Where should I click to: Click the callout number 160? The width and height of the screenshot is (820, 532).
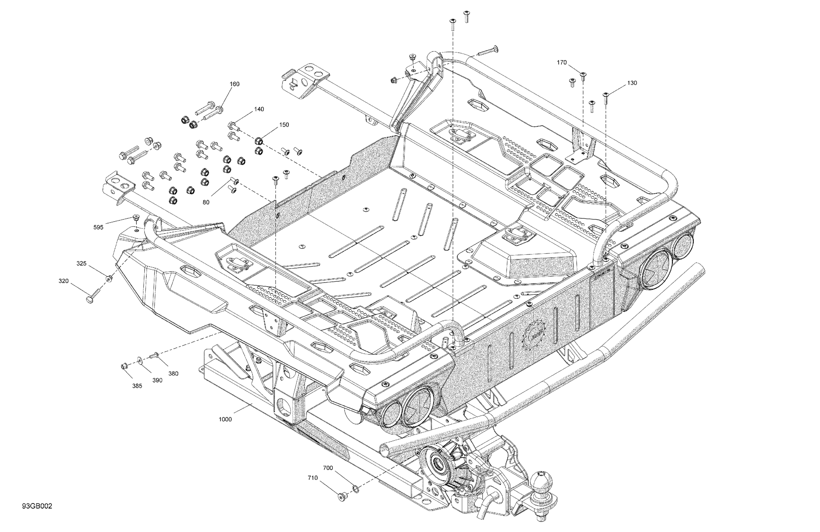coord(234,84)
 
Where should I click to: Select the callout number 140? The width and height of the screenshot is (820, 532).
coord(259,109)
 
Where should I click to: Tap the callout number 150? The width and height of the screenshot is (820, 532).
coord(284,125)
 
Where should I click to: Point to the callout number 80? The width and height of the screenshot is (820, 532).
coord(206,202)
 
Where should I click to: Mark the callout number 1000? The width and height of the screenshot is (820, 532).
coord(225,419)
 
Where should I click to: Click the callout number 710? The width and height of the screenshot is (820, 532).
coord(313,478)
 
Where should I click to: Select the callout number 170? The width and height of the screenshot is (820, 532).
coord(562,62)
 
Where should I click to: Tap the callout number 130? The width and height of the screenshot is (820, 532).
coord(632,83)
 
